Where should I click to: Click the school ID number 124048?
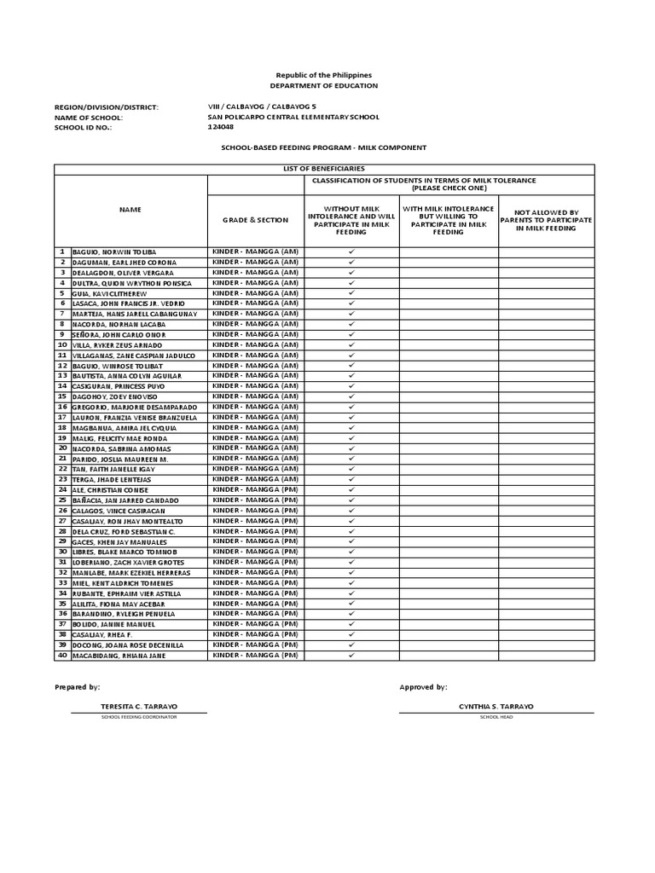221,127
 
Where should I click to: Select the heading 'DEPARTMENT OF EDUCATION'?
323,86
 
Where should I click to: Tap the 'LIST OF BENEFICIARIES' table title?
324,170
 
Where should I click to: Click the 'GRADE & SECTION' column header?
256,220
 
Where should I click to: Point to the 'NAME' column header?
130,209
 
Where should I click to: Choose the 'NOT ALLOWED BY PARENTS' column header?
546,220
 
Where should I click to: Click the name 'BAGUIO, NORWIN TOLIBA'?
119,252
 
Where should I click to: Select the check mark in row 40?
351,656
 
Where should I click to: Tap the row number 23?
62,479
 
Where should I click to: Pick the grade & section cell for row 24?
256,489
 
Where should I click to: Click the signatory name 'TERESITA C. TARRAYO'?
139,707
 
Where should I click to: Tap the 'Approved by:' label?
423,686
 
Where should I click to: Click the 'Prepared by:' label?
78,686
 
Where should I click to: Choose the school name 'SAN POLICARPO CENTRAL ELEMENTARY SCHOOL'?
293,117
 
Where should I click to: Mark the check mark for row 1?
351,252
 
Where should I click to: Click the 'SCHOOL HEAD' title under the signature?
494,717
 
